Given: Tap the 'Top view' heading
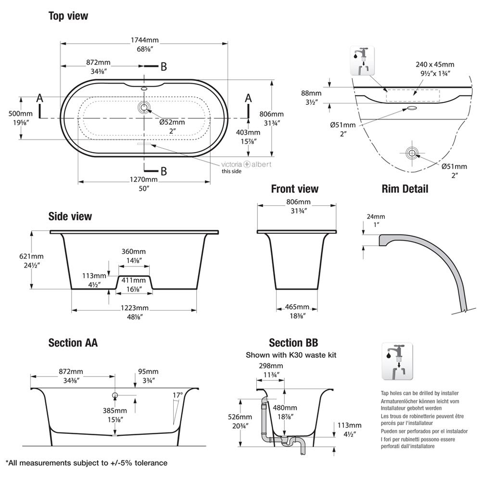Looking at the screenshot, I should [x=68, y=16].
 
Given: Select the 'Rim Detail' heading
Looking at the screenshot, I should [x=405, y=189].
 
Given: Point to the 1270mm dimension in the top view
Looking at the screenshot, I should [x=144, y=180].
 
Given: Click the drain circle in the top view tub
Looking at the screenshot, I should [x=144, y=107].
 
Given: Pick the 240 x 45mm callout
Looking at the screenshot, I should [x=435, y=64].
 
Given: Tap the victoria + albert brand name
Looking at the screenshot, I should [x=246, y=164].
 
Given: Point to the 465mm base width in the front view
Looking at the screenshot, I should [x=296, y=307].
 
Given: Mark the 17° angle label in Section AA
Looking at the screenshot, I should [x=178, y=395].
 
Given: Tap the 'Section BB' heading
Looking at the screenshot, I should [x=293, y=343].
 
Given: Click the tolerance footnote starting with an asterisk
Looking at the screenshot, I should [x=87, y=463].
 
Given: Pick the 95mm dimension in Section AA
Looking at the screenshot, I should [x=148, y=371].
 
